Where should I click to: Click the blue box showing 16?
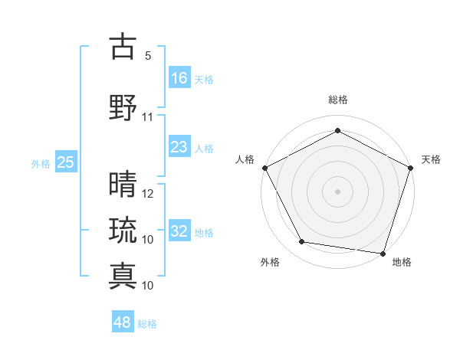pos(179,77)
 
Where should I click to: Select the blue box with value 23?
pos(179,147)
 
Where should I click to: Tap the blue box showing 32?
pos(179,231)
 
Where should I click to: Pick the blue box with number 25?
pos(65,162)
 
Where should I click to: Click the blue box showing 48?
pos(123,322)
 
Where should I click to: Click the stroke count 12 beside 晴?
pos(148,193)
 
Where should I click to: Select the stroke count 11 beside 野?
pos(148,117)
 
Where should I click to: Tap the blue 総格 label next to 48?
pos(147,324)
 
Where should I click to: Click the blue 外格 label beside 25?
pos(40,163)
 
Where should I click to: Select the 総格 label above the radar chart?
pos(338,100)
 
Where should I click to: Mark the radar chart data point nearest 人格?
pos(265,168)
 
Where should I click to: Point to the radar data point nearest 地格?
pos(383,253)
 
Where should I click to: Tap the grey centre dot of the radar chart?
pos(338,191)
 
